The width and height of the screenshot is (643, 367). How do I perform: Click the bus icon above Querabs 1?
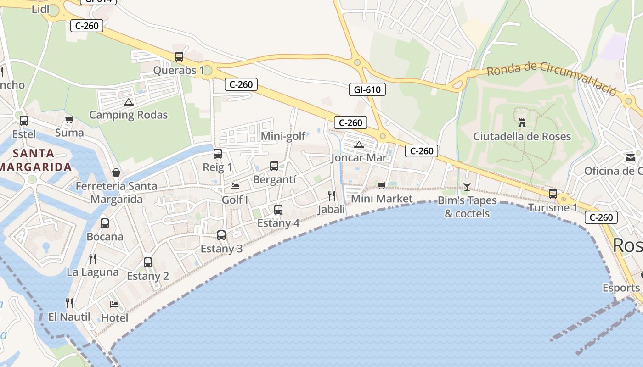[179, 57]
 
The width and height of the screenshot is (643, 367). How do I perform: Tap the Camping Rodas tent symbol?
[128, 102]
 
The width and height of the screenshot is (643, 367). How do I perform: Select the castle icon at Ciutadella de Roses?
[522, 122]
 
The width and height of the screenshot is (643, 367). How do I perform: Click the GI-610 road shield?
[367, 89]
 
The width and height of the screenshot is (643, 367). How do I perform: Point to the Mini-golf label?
[283, 136]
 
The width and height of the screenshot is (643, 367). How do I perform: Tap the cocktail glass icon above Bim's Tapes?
[467, 186]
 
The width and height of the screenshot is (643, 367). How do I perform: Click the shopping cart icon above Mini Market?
[381, 185]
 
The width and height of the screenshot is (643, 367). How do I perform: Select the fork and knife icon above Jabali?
[331, 196]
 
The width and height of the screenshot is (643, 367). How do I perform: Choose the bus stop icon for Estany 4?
[278, 210]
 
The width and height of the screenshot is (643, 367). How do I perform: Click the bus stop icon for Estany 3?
[221, 235]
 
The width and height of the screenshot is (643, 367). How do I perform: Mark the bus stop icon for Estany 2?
[148, 262]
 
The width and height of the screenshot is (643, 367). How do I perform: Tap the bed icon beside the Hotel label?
[114, 304]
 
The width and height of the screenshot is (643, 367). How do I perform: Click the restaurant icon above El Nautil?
[69, 303]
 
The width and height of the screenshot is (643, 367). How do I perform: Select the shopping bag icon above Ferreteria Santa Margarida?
[116, 172]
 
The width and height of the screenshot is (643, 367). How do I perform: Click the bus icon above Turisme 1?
[553, 194]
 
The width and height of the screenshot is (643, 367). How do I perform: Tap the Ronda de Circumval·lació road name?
[551, 78]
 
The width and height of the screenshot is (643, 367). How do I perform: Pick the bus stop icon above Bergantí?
[274, 166]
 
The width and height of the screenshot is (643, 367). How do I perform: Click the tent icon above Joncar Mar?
[359, 145]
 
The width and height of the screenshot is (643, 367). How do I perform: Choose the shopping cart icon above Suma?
[69, 120]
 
